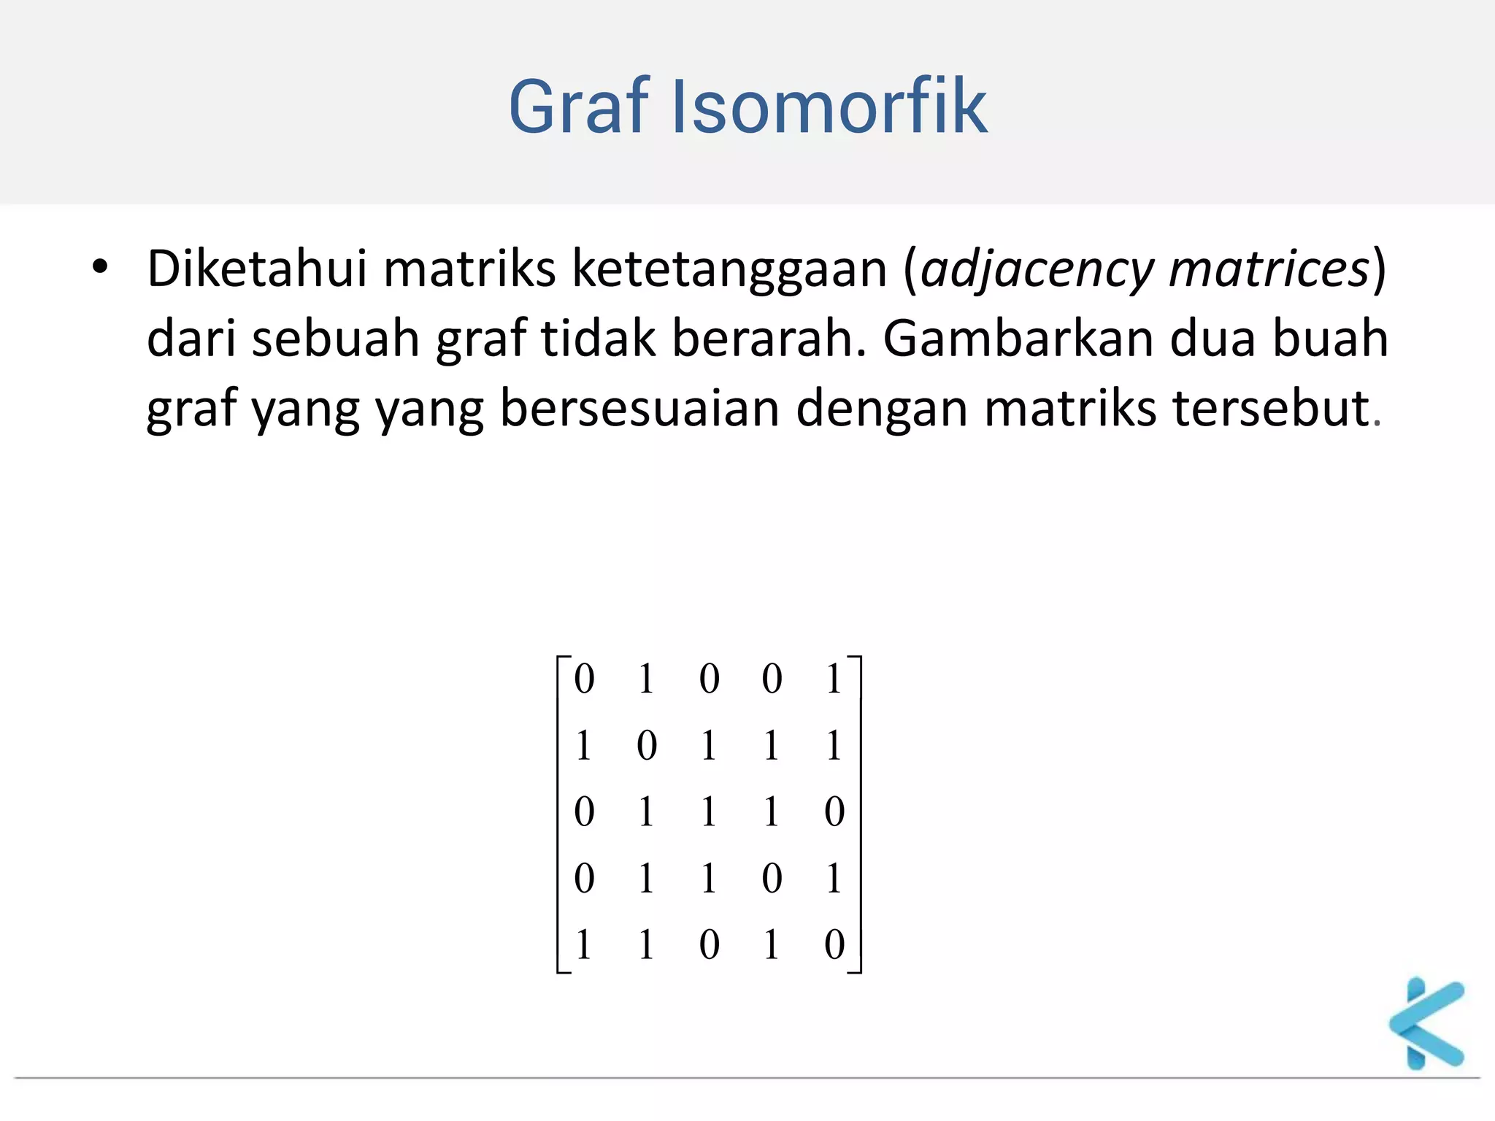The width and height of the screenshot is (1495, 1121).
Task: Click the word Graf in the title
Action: click(x=578, y=107)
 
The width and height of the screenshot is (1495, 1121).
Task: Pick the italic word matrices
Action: click(x=1269, y=269)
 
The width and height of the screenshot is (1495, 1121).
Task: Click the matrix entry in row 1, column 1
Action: click(x=584, y=678)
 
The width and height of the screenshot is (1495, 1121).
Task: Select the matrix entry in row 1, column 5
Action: click(x=834, y=678)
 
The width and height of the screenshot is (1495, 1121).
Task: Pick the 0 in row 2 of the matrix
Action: click(x=647, y=745)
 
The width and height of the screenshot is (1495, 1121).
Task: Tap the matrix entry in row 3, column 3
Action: click(x=708, y=812)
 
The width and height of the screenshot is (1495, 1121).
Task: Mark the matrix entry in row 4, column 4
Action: click(x=772, y=878)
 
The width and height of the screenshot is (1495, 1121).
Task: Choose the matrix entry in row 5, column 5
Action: click(x=834, y=944)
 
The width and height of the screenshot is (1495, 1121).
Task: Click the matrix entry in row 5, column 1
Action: click(x=583, y=944)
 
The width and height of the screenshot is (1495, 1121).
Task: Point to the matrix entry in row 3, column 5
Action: click(x=834, y=812)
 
